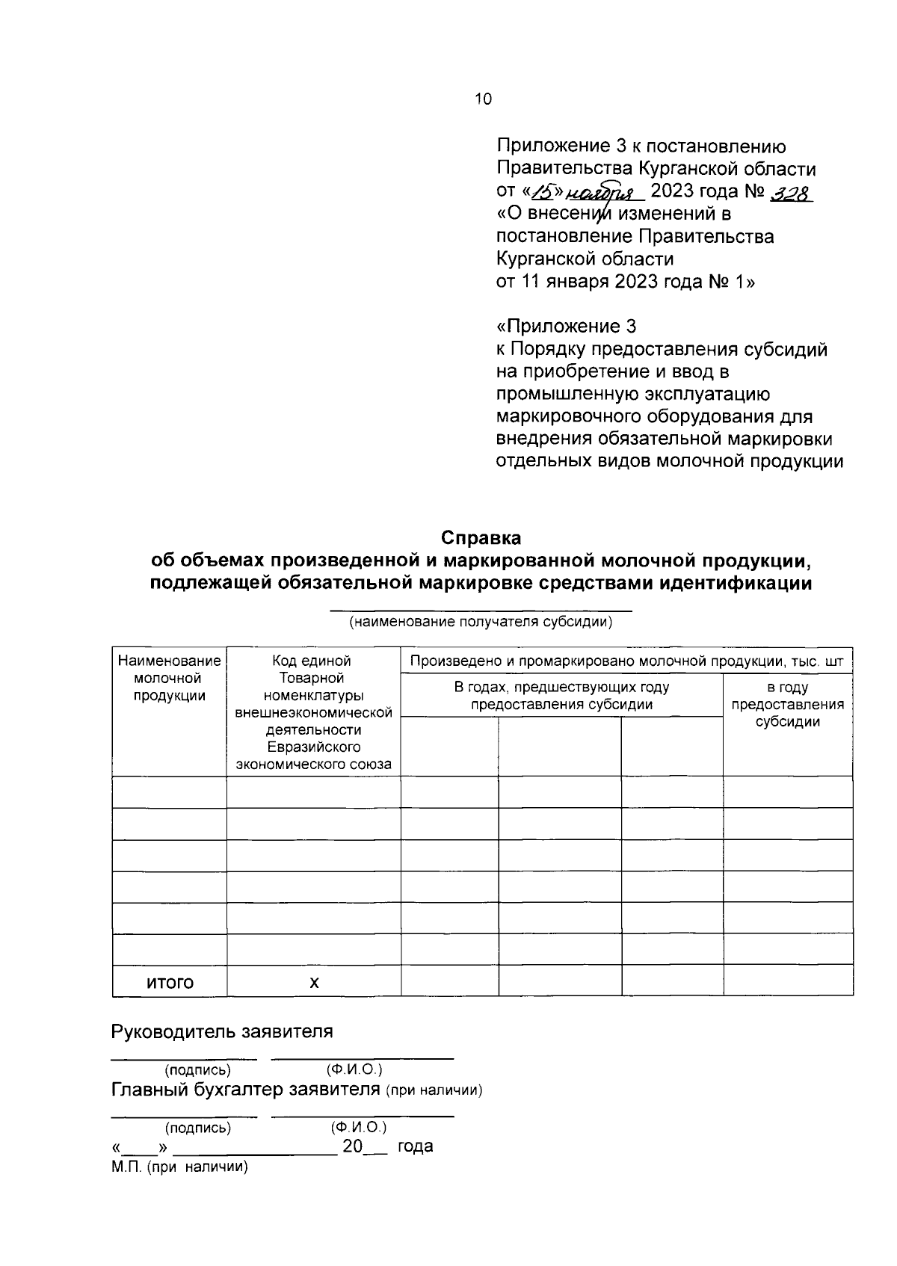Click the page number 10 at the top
483,99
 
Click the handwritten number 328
790,192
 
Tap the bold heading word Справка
481,538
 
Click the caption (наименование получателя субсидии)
481,622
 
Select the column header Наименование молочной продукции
170,678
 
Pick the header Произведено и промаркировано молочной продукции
626,661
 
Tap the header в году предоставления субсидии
788,704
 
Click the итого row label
170,982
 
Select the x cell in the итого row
314,982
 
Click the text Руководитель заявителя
222,1032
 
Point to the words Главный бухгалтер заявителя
247,1089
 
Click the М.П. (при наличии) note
179,1167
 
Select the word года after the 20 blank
416,1146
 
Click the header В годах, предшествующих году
562,695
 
